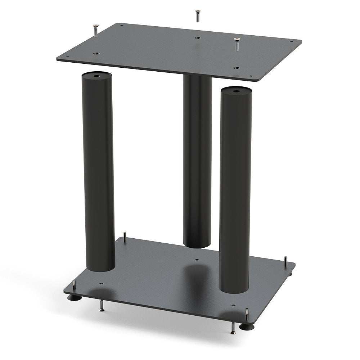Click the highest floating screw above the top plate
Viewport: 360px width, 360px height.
pos(197,15)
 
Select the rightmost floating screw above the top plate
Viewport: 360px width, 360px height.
pos(237,44)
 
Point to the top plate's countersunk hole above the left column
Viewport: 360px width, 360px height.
pos(96,54)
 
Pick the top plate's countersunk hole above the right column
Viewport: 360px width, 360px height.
pos(236,67)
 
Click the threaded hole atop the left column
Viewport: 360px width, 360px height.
pos(96,76)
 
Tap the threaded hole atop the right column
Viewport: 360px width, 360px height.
pos(235,91)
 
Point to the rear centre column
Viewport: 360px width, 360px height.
pos(197,162)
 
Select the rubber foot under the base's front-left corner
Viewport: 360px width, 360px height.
pos(74,297)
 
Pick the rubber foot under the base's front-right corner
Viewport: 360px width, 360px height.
pos(247,327)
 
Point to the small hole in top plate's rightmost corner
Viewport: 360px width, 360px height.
pos(297,42)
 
